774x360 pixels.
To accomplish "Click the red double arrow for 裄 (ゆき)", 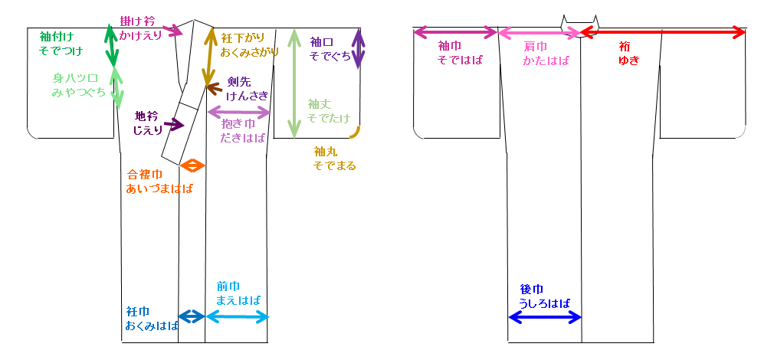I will pyautogui.click(x=662, y=32).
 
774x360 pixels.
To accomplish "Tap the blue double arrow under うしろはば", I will pyautogui.click(x=545, y=317).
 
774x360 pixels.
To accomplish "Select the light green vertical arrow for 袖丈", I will pyautogui.click(x=294, y=83).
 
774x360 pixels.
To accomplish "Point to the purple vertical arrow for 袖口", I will pyautogui.click(x=358, y=49).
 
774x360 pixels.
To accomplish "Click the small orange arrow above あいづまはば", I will pyautogui.click(x=192, y=165).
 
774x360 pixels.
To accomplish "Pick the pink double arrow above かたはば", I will pyautogui.click(x=540, y=32).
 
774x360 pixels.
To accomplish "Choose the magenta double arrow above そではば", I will pyautogui.click(x=455, y=32).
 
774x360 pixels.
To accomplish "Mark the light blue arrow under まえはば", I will pyautogui.click(x=238, y=316).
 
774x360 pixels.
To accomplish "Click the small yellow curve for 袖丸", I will pyautogui.click(x=355, y=133).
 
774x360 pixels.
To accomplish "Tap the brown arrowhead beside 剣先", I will pyautogui.click(x=214, y=88).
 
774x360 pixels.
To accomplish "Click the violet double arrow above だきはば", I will pyautogui.click(x=239, y=113).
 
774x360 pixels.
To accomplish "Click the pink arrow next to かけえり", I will pyautogui.click(x=173, y=31).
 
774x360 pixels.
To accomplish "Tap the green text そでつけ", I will pyautogui.click(x=61, y=51).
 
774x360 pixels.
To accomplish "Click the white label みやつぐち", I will pyautogui.click(x=79, y=92).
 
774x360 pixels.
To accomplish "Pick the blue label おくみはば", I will pyautogui.click(x=152, y=326).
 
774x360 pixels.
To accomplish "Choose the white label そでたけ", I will pyautogui.click(x=328, y=118).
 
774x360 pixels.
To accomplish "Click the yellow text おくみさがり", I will pyautogui.click(x=250, y=52).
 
